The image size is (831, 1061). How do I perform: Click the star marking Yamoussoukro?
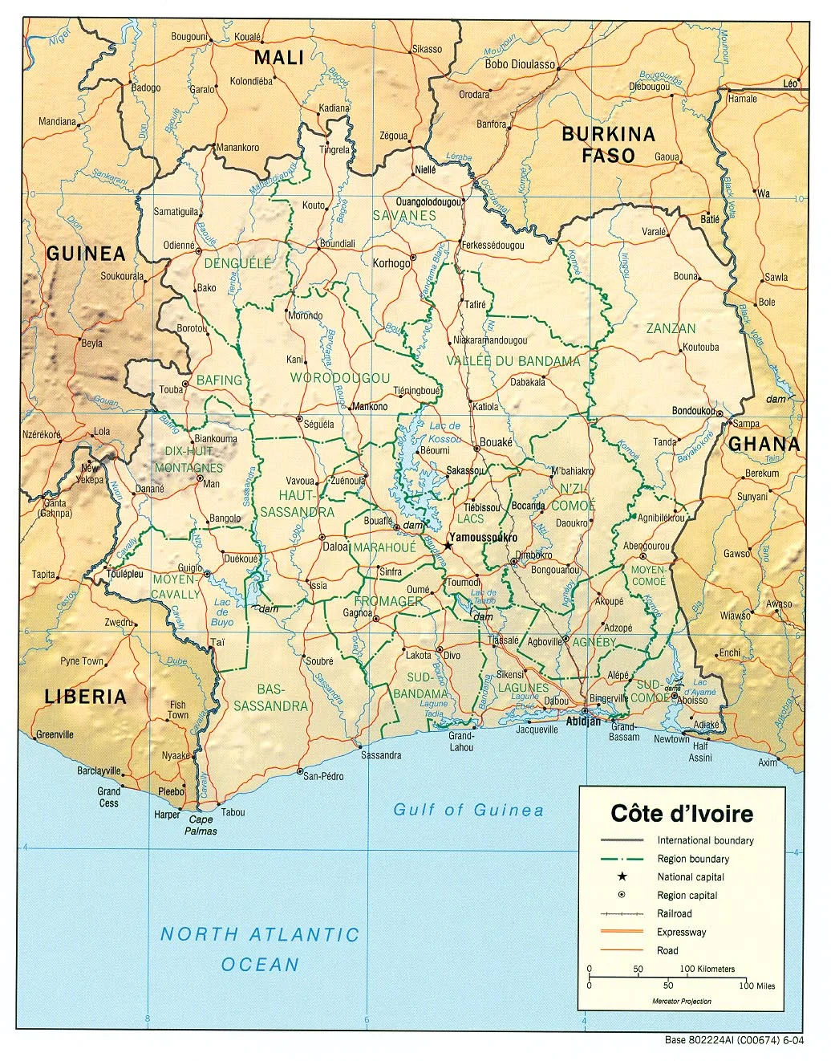click(x=448, y=546)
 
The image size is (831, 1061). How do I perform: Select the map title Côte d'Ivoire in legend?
click(x=682, y=814)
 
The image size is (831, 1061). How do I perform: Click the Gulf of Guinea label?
click(x=468, y=810)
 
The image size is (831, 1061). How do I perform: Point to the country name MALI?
click(x=279, y=58)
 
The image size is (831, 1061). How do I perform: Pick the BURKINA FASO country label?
click(x=608, y=145)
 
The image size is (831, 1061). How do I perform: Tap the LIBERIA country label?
click(x=85, y=697)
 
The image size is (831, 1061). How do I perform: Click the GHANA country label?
click(x=764, y=444)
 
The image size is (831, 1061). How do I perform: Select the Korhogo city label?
click(x=391, y=263)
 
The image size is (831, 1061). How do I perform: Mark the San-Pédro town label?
click(x=323, y=776)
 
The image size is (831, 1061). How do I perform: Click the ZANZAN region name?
click(x=671, y=328)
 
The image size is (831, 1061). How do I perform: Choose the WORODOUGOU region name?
click(x=340, y=378)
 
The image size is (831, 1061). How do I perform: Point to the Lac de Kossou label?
click(x=445, y=433)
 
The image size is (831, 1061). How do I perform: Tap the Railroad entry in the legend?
click(x=674, y=913)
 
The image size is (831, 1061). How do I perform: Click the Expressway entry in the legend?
click(x=681, y=932)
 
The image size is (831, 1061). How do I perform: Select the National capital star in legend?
click(x=622, y=876)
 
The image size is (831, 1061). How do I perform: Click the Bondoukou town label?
click(x=693, y=411)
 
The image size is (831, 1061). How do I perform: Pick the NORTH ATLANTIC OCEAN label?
click(x=260, y=949)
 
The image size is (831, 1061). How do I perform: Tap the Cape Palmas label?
click(x=201, y=825)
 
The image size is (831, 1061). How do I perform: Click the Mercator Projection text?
click(x=681, y=1001)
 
